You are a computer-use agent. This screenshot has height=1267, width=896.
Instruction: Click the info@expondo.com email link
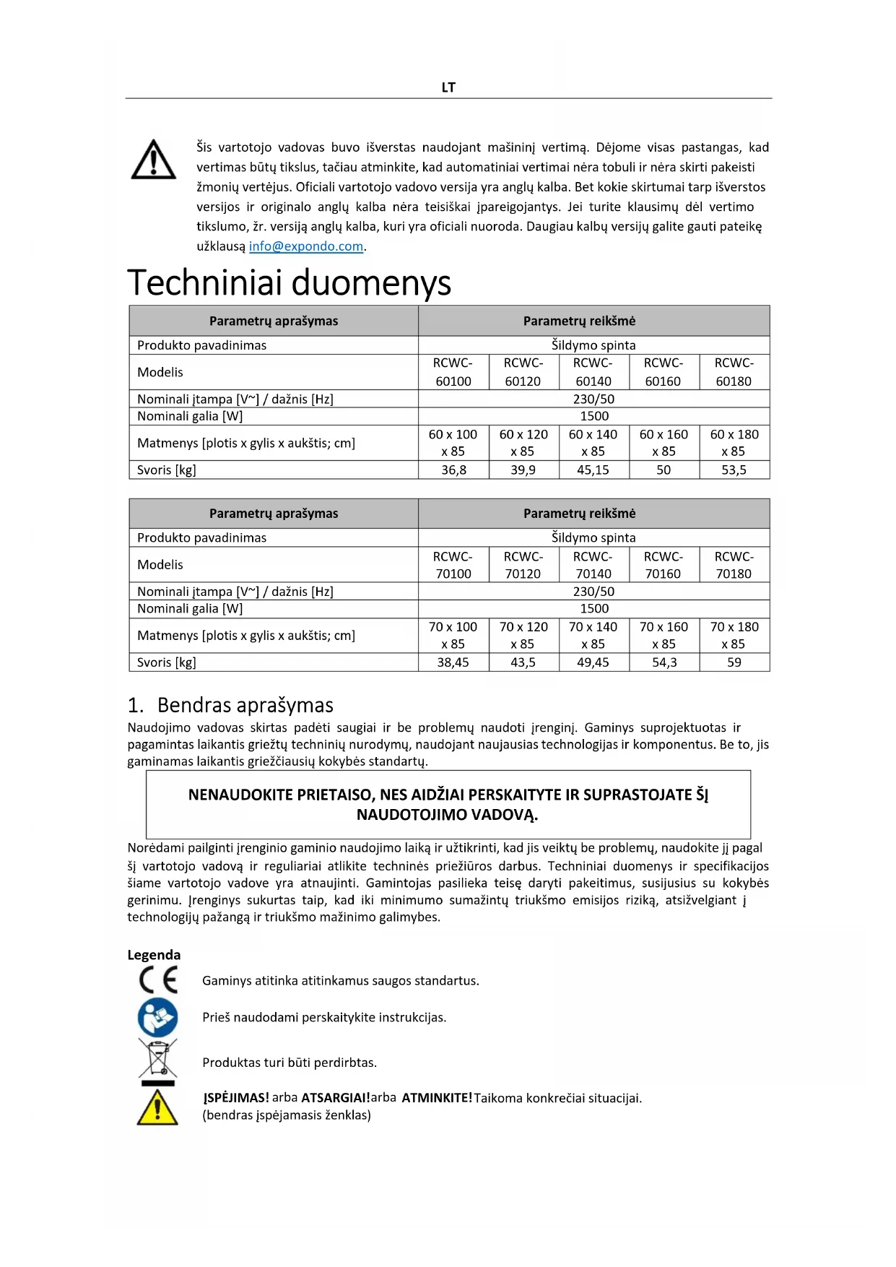[x=306, y=246]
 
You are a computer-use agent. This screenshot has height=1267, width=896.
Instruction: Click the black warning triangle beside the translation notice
[x=154, y=160]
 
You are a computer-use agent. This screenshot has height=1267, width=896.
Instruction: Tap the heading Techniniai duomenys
[x=290, y=282]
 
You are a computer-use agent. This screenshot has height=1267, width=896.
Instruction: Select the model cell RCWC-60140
[x=593, y=372]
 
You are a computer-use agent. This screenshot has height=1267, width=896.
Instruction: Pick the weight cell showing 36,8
[x=453, y=470]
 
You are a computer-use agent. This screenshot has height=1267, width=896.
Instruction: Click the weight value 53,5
[x=734, y=470]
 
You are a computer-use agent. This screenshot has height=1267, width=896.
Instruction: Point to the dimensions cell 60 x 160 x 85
[x=664, y=443]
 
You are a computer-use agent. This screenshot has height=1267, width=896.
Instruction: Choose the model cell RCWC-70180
[x=734, y=565]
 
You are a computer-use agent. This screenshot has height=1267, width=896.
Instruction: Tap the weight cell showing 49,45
[x=593, y=662]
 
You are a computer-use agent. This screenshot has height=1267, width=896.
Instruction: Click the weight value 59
[x=734, y=662]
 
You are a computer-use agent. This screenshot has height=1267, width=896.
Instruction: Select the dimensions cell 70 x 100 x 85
[x=453, y=636]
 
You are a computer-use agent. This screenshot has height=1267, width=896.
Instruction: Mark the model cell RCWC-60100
[x=453, y=372]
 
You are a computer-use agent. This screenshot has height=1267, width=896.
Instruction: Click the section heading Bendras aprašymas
[x=245, y=705]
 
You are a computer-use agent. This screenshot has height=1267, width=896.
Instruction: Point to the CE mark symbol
[x=158, y=980]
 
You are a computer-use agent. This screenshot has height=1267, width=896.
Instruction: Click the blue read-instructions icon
[x=157, y=1018]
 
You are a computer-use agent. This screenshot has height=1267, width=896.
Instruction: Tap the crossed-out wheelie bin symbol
[x=157, y=1060]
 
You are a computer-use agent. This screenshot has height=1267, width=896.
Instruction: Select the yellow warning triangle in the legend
[x=157, y=1107]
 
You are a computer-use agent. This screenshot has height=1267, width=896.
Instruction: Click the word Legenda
[x=154, y=955]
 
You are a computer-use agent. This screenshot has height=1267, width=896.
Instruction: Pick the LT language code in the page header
[x=448, y=87]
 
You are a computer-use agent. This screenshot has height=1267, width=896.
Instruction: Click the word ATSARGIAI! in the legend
[x=336, y=1098]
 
